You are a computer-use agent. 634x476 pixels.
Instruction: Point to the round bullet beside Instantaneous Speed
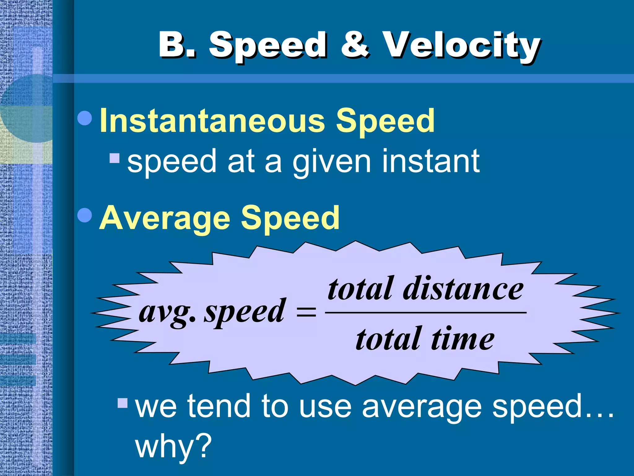point(85,118)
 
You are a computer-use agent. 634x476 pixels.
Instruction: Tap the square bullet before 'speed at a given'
point(115,158)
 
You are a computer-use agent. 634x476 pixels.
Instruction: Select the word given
point(332,162)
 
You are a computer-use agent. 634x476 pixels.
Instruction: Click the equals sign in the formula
point(306,312)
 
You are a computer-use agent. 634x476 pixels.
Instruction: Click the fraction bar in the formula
point(426,312)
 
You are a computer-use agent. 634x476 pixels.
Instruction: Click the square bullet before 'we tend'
point(123,403)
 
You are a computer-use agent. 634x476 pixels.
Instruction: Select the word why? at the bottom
point(173,446)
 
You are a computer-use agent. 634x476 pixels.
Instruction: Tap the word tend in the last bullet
point(219,406)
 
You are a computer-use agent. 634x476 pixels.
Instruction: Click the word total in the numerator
point(361,289)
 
